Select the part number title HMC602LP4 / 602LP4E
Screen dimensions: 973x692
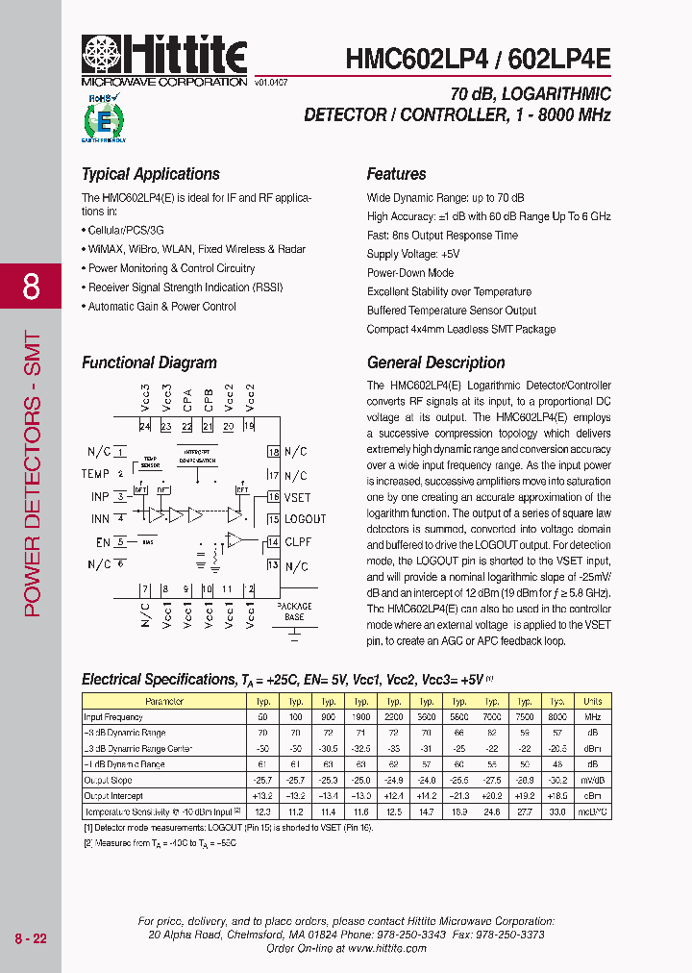(478, 58)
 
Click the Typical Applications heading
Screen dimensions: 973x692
(151, 174)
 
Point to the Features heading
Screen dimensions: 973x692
(396, 174)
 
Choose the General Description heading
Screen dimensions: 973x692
(435, 362)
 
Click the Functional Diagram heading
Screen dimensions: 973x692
(149, 362)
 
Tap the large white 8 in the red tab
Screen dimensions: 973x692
(31, 286)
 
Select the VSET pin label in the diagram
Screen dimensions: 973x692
(298, 497)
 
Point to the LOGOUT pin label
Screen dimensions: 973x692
(305, 519)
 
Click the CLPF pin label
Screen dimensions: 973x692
(299, 542)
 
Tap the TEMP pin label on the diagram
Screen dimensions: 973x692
(95, 474)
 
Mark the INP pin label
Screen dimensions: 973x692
(100, 497)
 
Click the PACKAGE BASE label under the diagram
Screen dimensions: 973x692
(294, 611)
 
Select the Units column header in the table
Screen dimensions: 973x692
(592, 702)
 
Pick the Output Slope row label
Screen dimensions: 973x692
(110, 780)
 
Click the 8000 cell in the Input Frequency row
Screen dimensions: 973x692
(557, 717)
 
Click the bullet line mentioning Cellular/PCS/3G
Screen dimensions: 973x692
(126, 231)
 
